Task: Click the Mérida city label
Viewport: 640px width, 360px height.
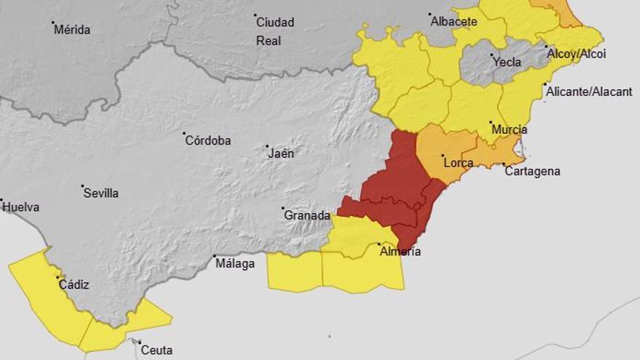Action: [73, 31]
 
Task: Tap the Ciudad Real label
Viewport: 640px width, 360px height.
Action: [276, 31]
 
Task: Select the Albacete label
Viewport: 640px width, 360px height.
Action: [455, 22]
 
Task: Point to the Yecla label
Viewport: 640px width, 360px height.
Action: [507, 63]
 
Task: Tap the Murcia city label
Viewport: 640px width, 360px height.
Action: [509, 130]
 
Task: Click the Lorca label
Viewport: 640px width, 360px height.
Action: [458, 163]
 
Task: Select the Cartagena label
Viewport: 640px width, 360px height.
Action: [532, 172]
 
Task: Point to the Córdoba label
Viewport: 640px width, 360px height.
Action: [208, 141]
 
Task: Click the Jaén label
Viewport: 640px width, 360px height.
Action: [281, 153]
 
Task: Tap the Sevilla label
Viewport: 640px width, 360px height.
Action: [101, 193]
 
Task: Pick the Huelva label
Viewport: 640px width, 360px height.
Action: [21, 207]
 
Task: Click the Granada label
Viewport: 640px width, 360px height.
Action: [307, 216]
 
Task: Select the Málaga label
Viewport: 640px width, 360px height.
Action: [235, 264]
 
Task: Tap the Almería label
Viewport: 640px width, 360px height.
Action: [400, 252]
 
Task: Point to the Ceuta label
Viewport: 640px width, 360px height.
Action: [157, 351]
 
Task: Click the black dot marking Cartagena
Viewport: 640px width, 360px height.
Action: [505, 164]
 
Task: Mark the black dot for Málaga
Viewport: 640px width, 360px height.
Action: [215, 257]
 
